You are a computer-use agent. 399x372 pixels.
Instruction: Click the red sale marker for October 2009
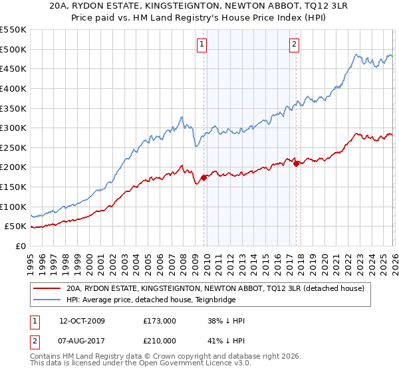[203, 177]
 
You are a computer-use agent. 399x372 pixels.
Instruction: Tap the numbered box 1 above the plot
[201, 45]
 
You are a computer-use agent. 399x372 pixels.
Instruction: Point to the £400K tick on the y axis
[13, 88]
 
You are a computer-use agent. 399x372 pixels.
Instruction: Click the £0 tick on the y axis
[20, 246]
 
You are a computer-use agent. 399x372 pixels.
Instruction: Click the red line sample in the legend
[47, 289]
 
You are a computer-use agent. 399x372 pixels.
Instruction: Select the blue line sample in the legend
[47, 300]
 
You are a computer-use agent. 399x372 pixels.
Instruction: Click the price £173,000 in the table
[159, 321]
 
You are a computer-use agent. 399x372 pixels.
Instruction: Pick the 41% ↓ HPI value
[226, 341]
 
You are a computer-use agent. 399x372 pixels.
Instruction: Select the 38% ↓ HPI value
[226, 321]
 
